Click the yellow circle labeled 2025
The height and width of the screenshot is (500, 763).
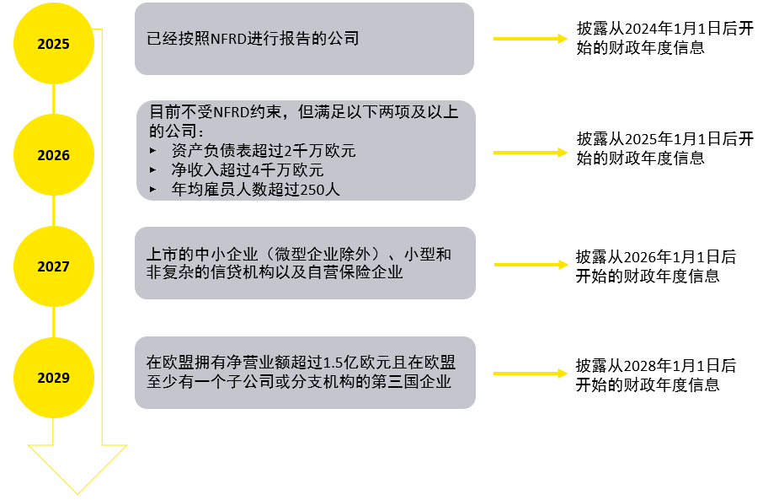(54, 43)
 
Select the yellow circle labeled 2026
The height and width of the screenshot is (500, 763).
(54, 155)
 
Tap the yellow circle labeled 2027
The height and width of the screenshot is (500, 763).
(54, 266)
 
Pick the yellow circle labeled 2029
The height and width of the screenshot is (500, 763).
(54, 377)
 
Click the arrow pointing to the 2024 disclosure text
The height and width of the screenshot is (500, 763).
(531, 39)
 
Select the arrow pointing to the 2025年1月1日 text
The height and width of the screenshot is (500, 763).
(531, 153)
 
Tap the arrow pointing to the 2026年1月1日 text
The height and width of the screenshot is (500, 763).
(531, 265)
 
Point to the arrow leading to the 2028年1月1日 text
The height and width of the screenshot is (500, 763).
(531, 374)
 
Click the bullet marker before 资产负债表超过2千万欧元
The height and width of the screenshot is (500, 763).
(152, 151)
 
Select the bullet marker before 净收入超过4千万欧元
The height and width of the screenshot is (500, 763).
(152, 170)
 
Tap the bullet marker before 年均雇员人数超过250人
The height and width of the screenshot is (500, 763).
(152, 189)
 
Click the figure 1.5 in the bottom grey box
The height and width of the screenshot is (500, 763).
(333, 363)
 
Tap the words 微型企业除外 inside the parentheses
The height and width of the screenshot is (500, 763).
(323, 254)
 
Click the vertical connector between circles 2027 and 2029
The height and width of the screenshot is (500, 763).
(54, 322)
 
